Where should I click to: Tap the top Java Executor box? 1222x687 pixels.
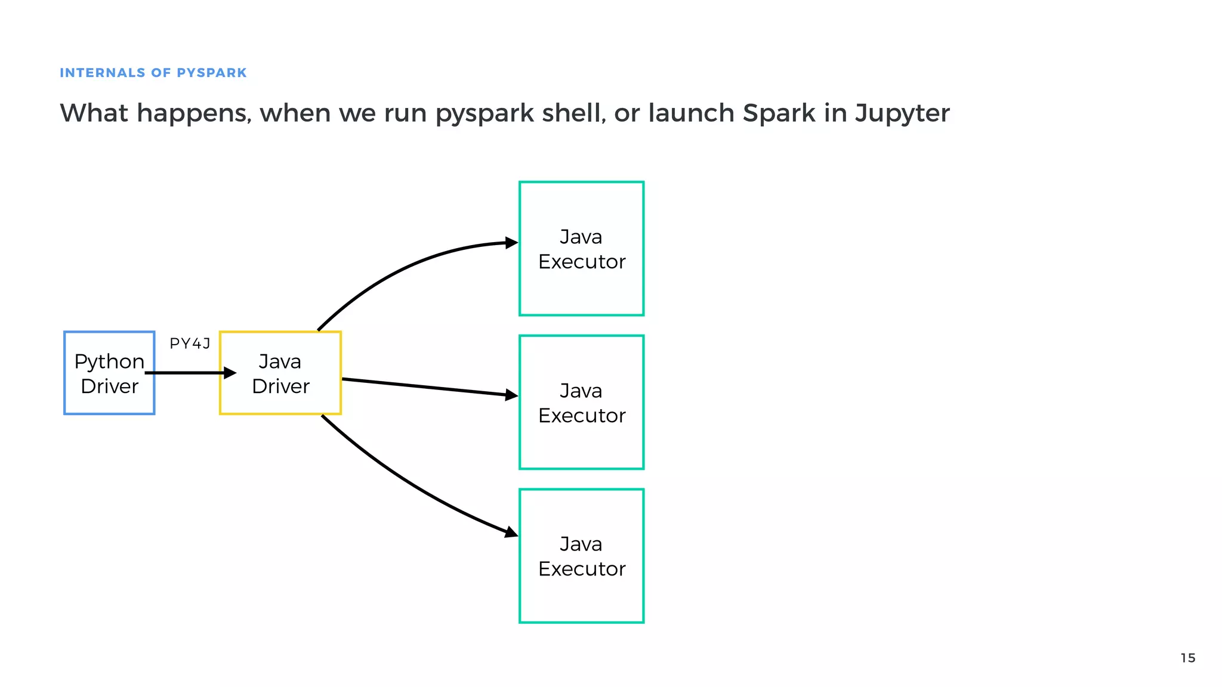[581, 286]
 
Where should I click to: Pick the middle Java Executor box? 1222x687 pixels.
[581, 441]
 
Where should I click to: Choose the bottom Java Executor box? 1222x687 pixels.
[581, 596]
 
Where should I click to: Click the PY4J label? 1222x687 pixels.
[190, 343]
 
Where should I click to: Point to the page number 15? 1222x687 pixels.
[1187, 658]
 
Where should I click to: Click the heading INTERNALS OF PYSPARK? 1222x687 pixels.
[153, 73]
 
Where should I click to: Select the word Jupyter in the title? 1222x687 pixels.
[902, 113]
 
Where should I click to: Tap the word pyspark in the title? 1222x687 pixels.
[485, 113]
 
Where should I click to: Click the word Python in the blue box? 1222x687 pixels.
[109, 361]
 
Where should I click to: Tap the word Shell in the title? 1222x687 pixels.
[573, 113]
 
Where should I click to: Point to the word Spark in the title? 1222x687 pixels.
[779, 113]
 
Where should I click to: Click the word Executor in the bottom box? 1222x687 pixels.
[582, 569]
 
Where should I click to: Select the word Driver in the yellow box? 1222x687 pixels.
[280, 386]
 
